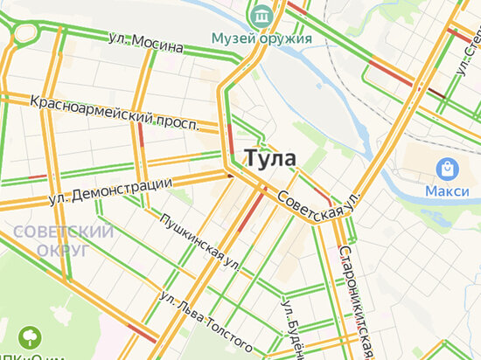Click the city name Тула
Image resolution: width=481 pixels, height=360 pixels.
[270, 158]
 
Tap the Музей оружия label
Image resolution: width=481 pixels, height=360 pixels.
[262, 38]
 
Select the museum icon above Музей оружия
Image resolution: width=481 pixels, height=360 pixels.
[260, 15]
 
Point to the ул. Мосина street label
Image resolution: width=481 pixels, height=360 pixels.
[145, 41]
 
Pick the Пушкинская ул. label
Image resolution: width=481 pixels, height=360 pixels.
[200, 239]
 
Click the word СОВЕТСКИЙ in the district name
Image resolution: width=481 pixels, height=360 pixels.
[64, 232]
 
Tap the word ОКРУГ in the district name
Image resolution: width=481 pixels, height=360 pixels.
[64, 250]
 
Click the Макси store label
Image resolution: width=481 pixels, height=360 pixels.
[448, 190]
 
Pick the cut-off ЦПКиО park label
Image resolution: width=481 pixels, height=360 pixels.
[31, 356]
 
